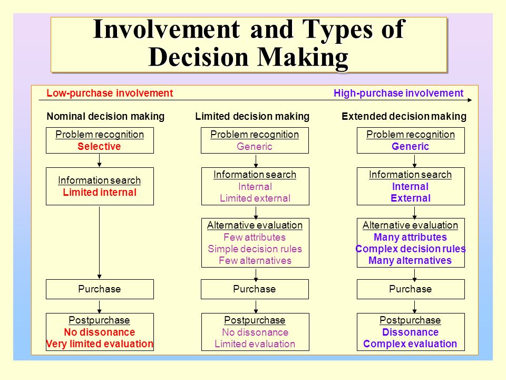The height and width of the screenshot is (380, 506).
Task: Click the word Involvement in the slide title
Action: pos(167,30)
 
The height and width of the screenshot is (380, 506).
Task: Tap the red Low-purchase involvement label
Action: pos(110,93)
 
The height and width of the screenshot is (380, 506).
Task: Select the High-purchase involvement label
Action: pos(398,93)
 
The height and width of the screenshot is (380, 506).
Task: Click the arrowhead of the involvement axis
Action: pos(470,100)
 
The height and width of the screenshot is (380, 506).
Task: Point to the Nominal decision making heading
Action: pos(105,116)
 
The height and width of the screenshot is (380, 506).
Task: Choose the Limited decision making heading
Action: pos(252,116)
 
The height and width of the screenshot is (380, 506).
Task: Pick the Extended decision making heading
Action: pos(404,116)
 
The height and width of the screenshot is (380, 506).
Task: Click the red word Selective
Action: pos(99,146)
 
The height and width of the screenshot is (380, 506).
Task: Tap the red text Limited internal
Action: pos(100,192)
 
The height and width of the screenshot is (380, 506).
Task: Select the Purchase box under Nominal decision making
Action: pos(100,289)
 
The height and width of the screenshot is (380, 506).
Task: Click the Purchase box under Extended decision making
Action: pos(411,289)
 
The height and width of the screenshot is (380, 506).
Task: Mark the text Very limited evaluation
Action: pos(100,344)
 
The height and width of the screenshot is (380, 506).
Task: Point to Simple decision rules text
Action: pos(255,249)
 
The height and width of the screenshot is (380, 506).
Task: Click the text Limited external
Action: pos(255,198)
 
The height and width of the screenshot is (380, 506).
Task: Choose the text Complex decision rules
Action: pos(411,249)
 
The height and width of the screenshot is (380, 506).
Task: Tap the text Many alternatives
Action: pos(410,260)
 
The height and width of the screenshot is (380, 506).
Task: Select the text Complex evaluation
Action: pos(410,344)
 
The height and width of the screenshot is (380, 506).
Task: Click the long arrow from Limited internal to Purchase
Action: pos(100,243)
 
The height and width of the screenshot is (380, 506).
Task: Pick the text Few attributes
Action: pos(255,237)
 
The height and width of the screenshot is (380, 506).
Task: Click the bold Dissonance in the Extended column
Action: pos(411,332)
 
